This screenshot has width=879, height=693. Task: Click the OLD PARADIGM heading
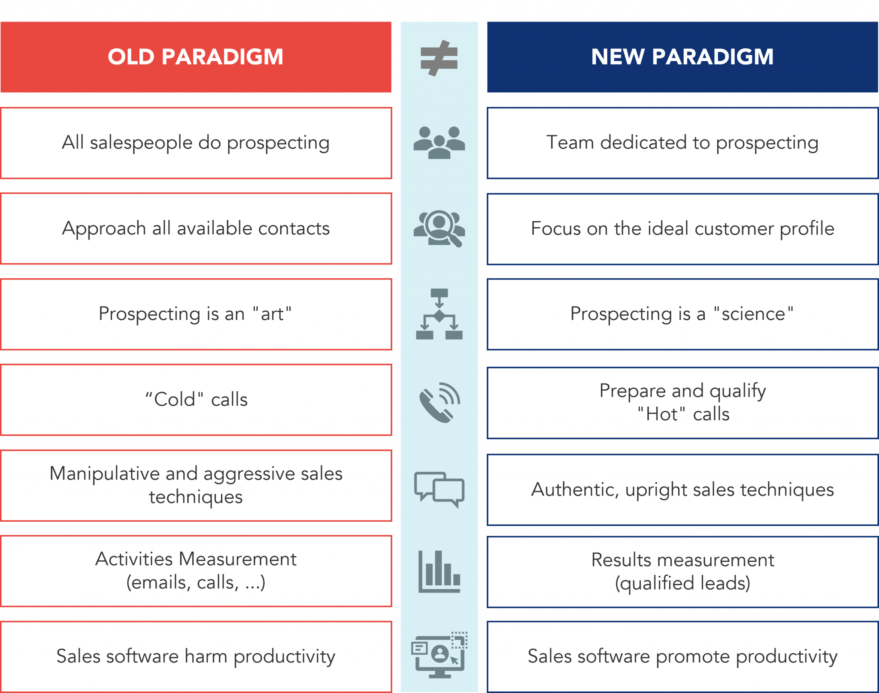195,57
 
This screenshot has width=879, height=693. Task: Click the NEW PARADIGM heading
682,57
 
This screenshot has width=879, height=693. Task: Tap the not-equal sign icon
439,58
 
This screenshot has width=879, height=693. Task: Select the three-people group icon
439,143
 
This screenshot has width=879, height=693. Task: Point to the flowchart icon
439,314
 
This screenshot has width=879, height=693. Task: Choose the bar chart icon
439,571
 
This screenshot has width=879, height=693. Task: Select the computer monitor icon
439,655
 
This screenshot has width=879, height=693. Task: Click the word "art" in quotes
272,314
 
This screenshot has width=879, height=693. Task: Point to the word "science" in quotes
753,314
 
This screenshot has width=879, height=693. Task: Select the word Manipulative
105,474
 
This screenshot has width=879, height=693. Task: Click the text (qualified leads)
682,583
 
